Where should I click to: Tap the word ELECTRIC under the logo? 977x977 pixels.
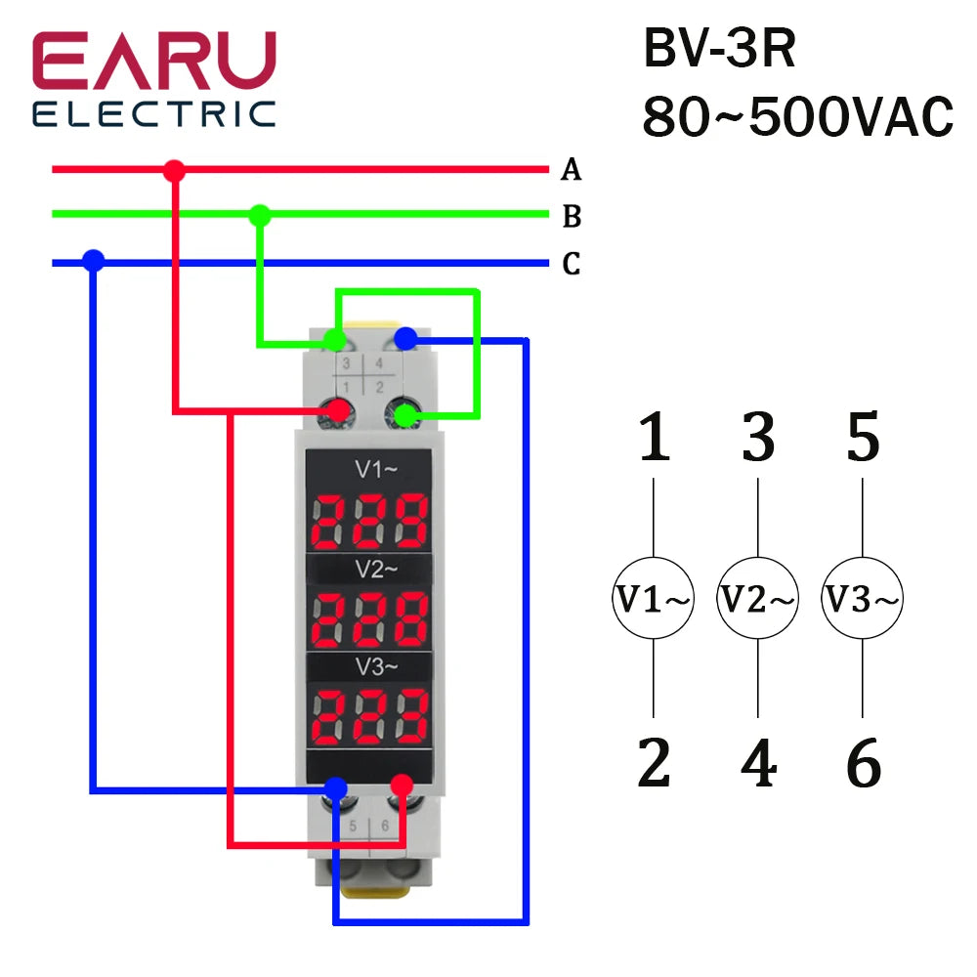pos(154,113)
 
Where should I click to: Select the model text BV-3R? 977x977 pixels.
pos(720,50)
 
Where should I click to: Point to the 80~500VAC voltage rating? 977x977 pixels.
pos(797,119)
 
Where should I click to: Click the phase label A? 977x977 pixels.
pos(572,171)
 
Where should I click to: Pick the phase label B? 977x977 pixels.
pos(572,216)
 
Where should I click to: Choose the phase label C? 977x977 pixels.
pos(572,264)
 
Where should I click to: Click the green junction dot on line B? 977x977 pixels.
pos(259,215)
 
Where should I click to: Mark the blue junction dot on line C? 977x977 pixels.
pos(94,261)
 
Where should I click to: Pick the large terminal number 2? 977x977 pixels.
pos(653,763)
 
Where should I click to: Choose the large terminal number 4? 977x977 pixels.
pos(758,763)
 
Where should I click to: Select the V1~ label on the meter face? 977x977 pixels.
pos(376,470)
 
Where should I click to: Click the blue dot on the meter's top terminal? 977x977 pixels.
pos(406,339)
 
